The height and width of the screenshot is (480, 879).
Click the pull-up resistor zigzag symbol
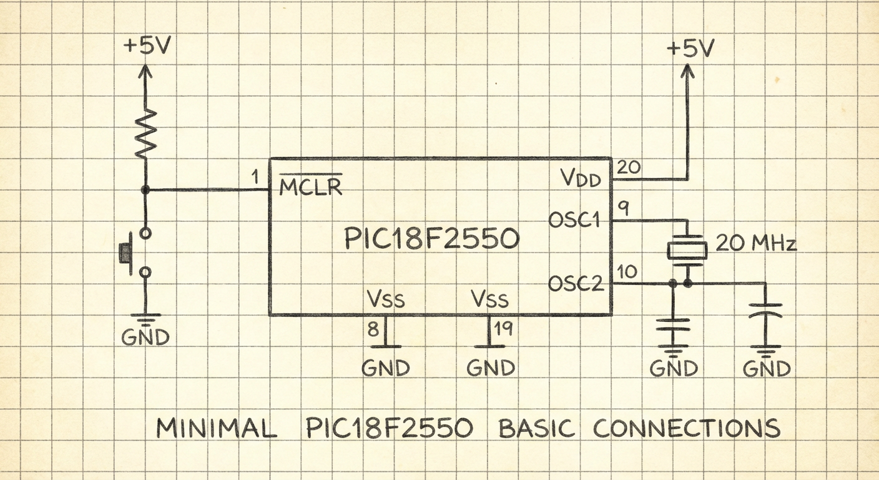click(x=145, y=134)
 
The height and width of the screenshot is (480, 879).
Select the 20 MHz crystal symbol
click(x=687, y=251)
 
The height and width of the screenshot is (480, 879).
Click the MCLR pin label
click(x=310, y=184)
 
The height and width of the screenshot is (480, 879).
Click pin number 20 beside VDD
click(x=629, y=167)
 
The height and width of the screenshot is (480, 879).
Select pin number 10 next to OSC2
click(x=627, y=271)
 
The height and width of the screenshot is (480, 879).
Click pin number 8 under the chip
click(x=373, y=329)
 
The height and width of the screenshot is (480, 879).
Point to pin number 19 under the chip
click(x=503, y=329)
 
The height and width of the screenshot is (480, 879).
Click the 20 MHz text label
click(x=756, y=244)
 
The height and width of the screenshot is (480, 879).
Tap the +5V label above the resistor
click(x=147, y=46)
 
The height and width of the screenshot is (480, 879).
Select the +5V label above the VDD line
click(x=690, y=48)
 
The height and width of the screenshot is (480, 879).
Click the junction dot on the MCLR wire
click(x=145, y=191)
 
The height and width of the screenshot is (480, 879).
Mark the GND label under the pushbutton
click(x=145, y=337)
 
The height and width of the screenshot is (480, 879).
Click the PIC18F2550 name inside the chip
click(x=431, y=238)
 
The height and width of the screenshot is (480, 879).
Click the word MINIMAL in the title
click(x=217, y=428)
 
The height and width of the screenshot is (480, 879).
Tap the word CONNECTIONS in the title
click(x=686, y=428)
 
